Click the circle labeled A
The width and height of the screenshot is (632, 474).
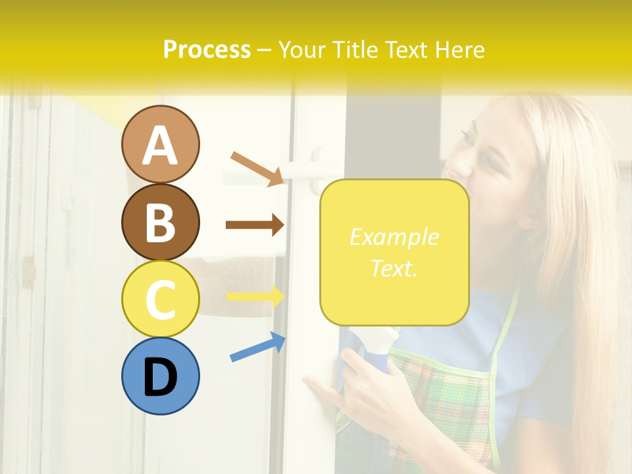[160, 144]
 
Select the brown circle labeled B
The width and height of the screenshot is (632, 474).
[160, 222]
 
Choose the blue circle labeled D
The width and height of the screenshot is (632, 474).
[160, 376]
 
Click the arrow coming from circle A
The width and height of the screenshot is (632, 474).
[257, 169]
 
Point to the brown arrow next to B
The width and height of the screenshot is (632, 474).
[254, 225]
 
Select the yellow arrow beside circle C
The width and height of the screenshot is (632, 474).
[255, 297]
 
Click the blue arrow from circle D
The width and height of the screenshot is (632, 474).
[257, 347]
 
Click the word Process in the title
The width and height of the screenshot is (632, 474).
[207, 49]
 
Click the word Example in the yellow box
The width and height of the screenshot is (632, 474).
[394, 237]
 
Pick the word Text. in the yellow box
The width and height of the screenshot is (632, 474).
[394, 268]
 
